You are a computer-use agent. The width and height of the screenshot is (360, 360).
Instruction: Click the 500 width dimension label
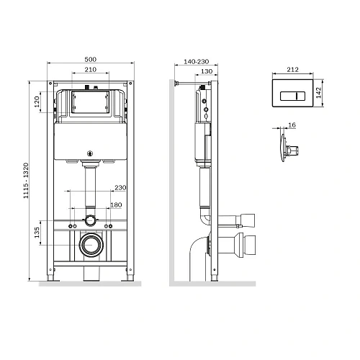pyautogui.click(x=90, y=58)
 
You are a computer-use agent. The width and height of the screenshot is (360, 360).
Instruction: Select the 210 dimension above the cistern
pyautogui.click(x=90, y=70)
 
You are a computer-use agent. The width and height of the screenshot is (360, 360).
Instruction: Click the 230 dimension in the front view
pyautogui.click(x=120, y=188)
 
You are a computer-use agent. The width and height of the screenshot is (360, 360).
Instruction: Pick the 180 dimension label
pyautogui.click(x=116, y=204)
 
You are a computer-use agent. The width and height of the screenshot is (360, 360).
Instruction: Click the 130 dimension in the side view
pyautogui.click(x=206, y=72)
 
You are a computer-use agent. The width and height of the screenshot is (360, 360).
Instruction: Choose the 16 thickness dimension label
pyautogui.click(x=291, y=125)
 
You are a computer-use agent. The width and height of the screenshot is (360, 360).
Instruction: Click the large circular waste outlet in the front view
pyautogui.click(x=91, y=246)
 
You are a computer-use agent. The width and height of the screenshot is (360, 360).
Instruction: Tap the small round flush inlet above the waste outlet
pyautogui.click(x=91, y=220)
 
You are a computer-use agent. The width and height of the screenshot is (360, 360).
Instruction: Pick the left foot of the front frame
pyautogui.click(x=51, y=277)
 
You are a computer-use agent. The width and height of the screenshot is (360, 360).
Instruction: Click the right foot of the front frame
pyautogui.click(x=130, y=277)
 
